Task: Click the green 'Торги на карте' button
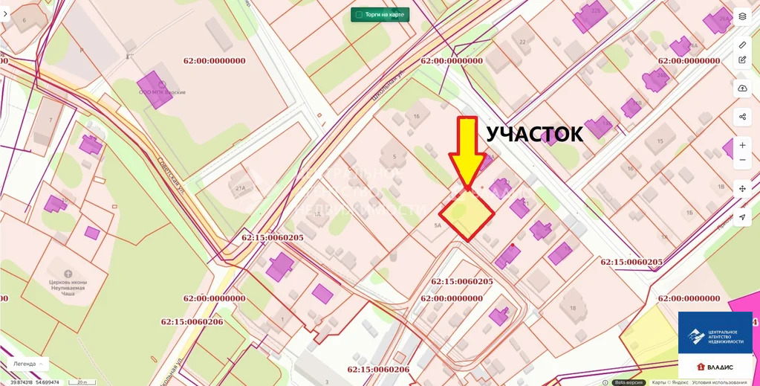click(x=380, y=14)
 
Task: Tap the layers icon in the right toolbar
click(x=742, y=16)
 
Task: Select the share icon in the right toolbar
click(x=742, y=117)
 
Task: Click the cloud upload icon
click(x=742, y=89)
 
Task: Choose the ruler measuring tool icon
click(x=742, y=45)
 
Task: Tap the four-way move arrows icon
click(x=742, y=189)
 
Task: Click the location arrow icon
click(x=742, y=217)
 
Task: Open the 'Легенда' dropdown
click(x=28, y=364)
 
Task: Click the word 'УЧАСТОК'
click(x=534, y=134)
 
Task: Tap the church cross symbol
click(x=69, y=273)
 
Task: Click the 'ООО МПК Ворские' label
click(x=162, y=92)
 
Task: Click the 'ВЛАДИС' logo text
click(x=715, y=367)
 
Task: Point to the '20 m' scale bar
click(x=81, y=382)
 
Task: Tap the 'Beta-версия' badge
click(x=629, y=382)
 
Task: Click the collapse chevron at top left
click(x=5, y=14)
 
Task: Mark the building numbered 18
click(x=573, y=307)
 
